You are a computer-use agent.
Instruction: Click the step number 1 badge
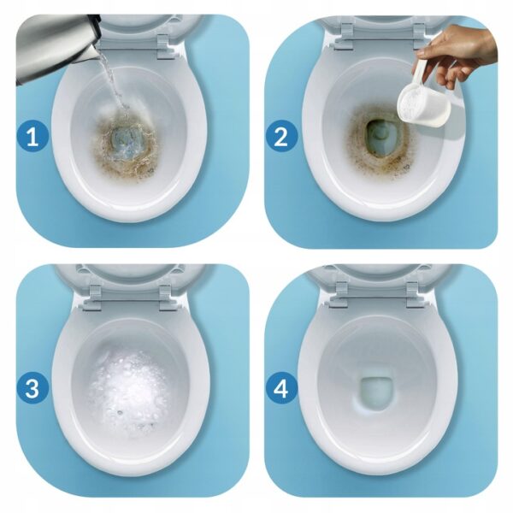coord(32,138)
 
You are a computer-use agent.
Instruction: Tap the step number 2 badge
coord(281,138)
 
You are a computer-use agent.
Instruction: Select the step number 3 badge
coord(32,389)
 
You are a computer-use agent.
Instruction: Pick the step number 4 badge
coord(281,389)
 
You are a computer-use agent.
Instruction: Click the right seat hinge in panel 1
coord(164,47)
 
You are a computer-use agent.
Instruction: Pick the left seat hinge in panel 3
coord(94,296)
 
